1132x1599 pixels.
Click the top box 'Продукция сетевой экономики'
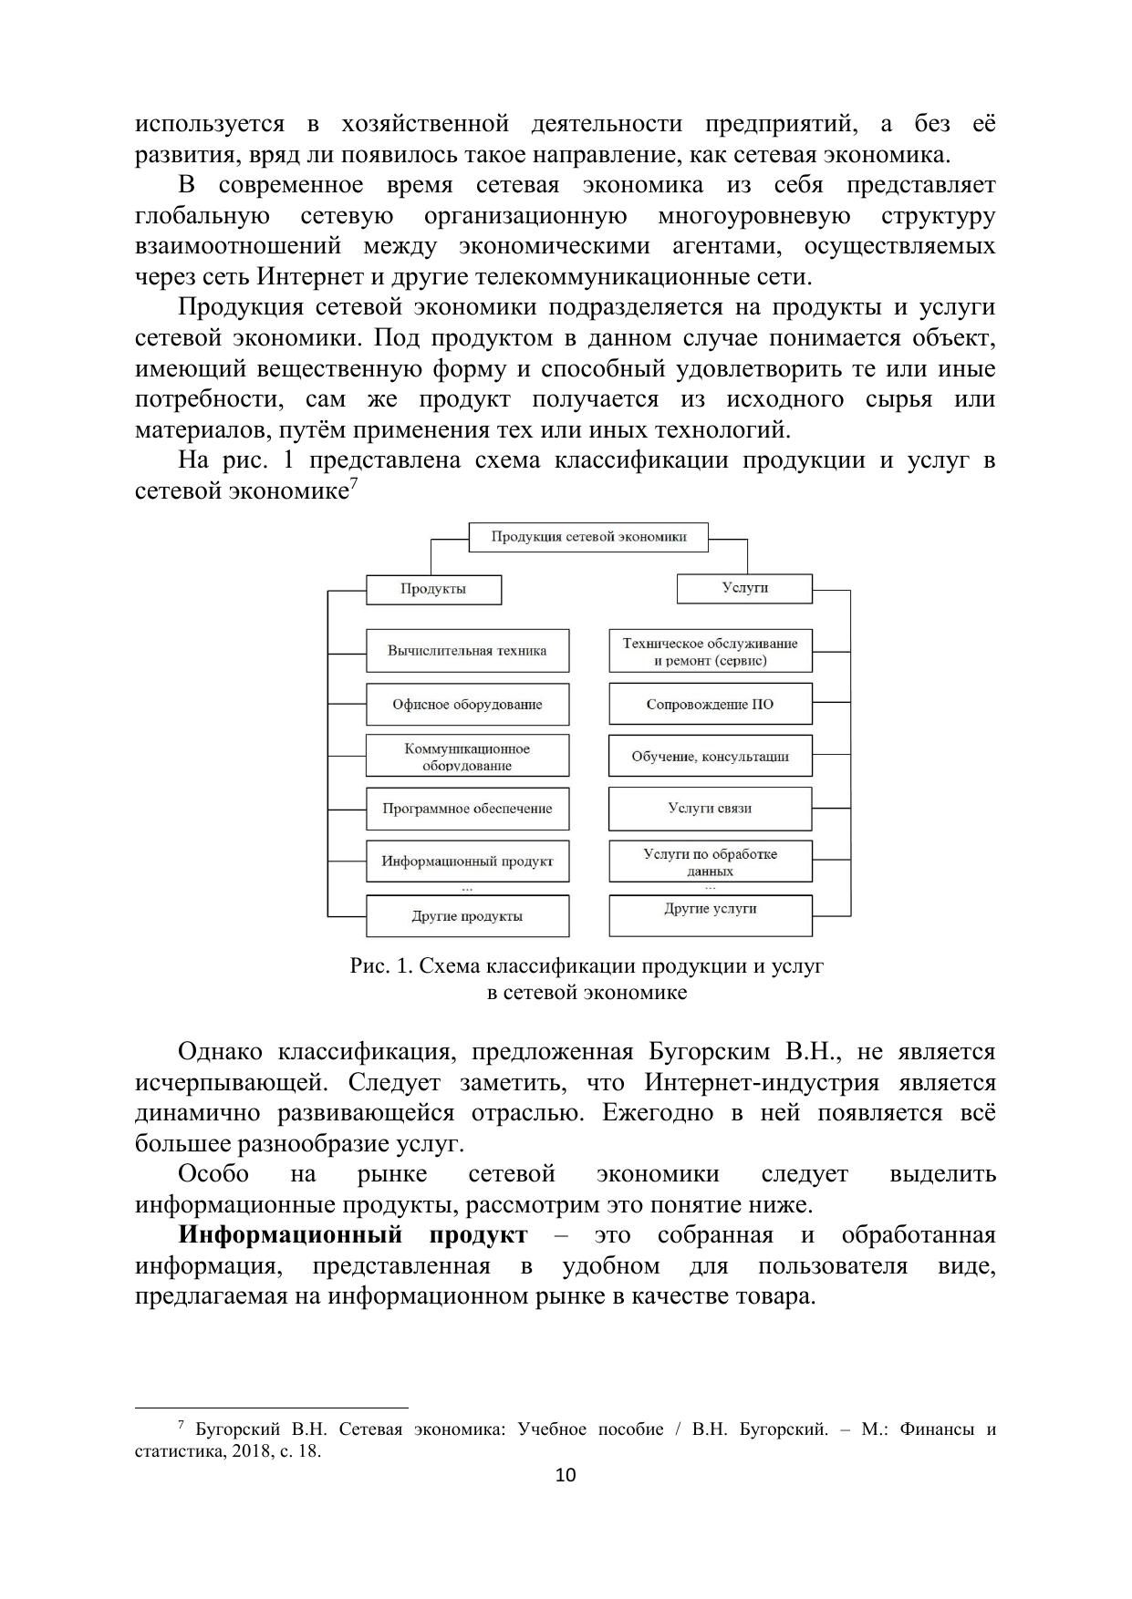coord(588,537)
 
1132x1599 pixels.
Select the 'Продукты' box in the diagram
coord(433,589)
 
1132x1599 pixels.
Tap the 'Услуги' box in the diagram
coord(744,588)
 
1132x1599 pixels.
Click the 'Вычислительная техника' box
coord(467,651)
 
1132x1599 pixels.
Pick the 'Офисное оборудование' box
coord(467,705)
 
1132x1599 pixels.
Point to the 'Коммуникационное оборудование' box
coord(467,757)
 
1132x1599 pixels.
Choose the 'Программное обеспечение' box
coord(467,809)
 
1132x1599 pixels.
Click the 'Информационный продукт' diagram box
coord(467,861)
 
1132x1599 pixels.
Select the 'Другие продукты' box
coord(467,916)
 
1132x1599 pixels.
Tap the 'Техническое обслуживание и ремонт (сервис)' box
coord(710,651)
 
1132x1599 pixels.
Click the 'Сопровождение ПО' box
coord(710,705)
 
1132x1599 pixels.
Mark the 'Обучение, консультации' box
coord(710,757)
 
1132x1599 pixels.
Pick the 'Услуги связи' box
coord(710,809)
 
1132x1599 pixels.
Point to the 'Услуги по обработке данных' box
coord(710,861)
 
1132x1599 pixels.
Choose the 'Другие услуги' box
coord(710,914)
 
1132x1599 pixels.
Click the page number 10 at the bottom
coord(566,1475)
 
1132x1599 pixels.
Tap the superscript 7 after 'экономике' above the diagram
coord(353,484)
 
